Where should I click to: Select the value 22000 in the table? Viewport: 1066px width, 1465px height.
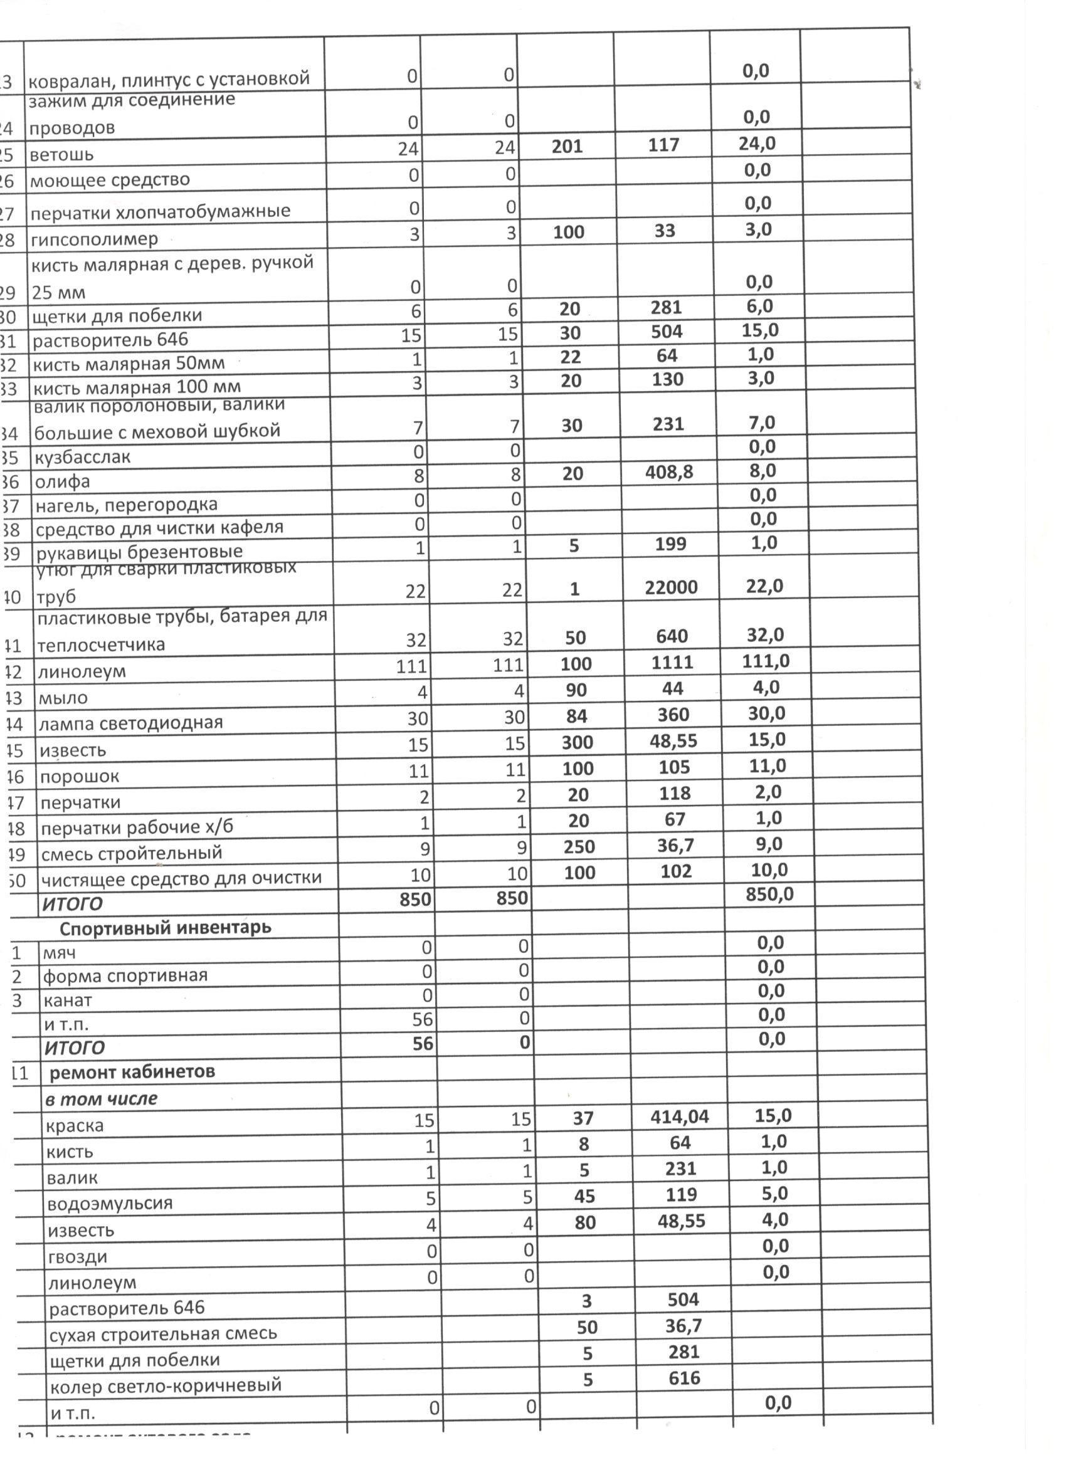point(670,587)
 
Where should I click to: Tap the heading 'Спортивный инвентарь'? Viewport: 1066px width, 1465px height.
point(166,928)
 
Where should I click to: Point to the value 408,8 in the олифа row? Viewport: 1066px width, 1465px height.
point(668,472)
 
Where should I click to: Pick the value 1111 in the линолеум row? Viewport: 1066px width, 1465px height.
point(672,662)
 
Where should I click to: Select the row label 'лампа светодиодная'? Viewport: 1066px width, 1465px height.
point(130,722)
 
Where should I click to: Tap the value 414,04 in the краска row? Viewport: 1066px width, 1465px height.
point(679,1117)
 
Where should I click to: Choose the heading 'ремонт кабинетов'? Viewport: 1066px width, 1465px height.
point(132,1073)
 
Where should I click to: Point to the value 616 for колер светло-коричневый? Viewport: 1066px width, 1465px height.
point(684,1378)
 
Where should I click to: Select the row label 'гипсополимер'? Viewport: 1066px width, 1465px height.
point(93,239)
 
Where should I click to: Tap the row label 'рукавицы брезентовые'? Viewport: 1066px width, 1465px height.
point(139,552)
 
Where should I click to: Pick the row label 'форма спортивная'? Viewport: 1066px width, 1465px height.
point(125,975)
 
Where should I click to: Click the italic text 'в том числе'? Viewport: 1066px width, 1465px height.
point(102,1099)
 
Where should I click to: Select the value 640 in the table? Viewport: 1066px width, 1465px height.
point(671,636)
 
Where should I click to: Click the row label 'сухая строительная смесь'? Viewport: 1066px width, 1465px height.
point(163,1333)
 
